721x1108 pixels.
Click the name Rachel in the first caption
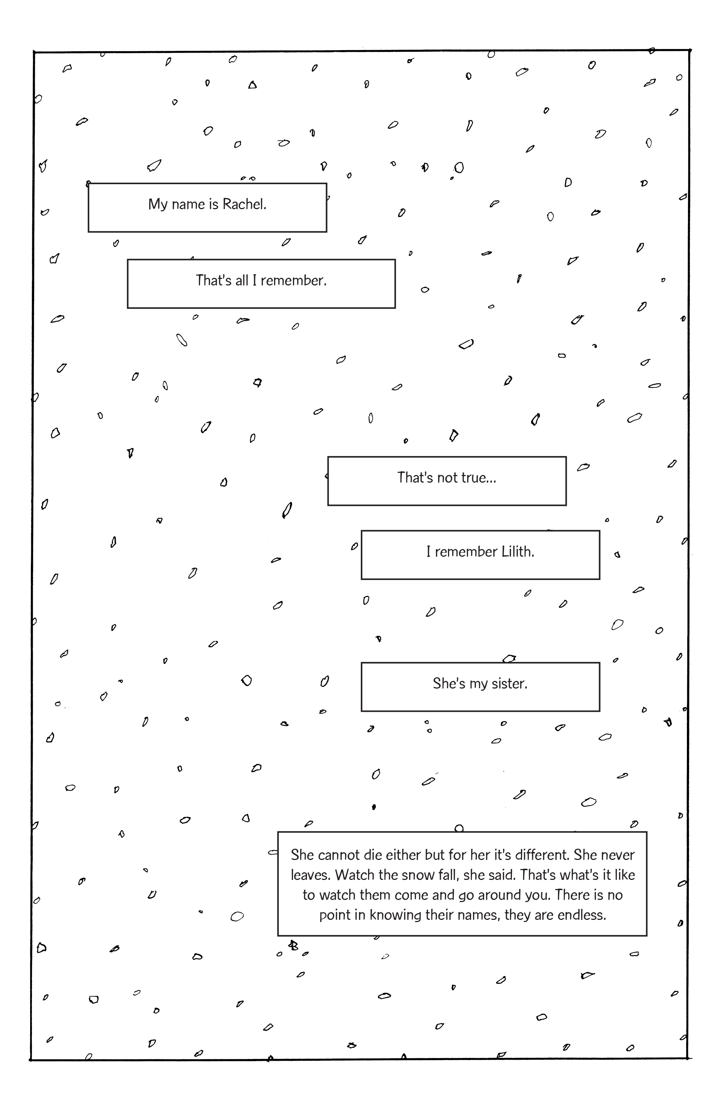pos(244,204)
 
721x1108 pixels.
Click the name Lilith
pos(518,552)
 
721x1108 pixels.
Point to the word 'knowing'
pos(396,915)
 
